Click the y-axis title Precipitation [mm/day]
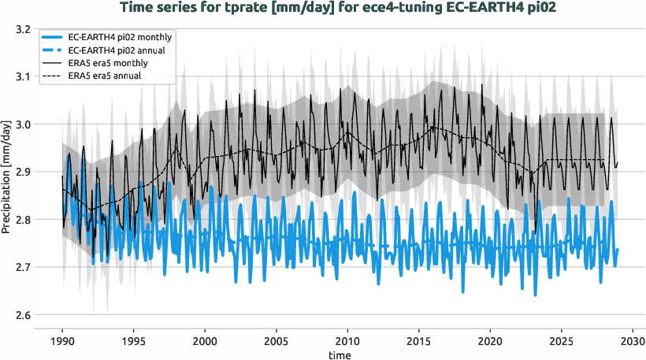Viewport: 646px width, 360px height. coord(7,173)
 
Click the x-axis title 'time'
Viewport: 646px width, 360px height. coord(341,355)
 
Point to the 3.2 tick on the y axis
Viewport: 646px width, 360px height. coord(23,29)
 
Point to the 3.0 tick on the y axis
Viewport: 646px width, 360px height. coord(23,124)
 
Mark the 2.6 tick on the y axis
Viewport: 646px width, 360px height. coord(23,315)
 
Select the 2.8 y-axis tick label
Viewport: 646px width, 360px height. coord(23,220)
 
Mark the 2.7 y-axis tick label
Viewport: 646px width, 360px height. coord(23,268)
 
